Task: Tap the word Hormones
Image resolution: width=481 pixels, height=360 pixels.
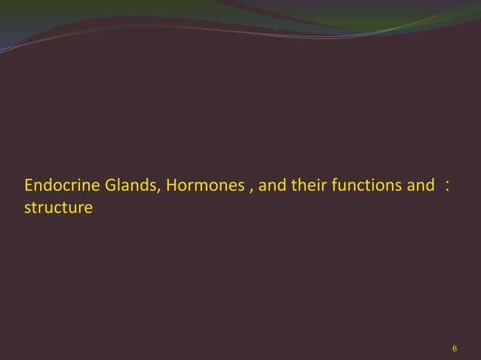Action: pyautogui.click(x=204, y=185)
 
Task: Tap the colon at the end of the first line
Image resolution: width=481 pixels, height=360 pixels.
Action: pyautogui.click(x=449, y=185)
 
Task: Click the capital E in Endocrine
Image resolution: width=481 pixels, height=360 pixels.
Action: pyautogui.click(x=29, y=185)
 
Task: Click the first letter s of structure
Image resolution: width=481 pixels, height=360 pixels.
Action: pyautogui.click(x=27, y=206)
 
